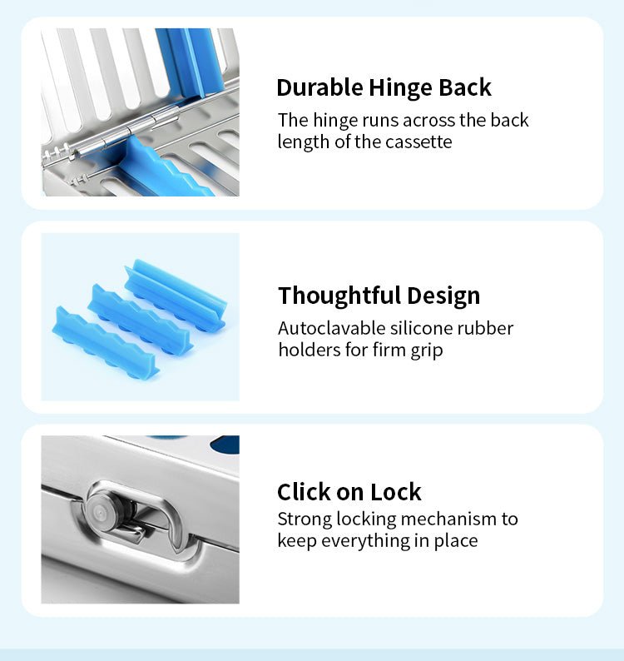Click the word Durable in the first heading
pos(319,87)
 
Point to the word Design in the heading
pos(443,296)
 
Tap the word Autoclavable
pos(331,328)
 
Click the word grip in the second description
pos(428,350)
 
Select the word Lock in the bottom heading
pos(396,492)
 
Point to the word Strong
pos(305,519)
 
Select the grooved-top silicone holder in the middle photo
pos(176,295)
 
